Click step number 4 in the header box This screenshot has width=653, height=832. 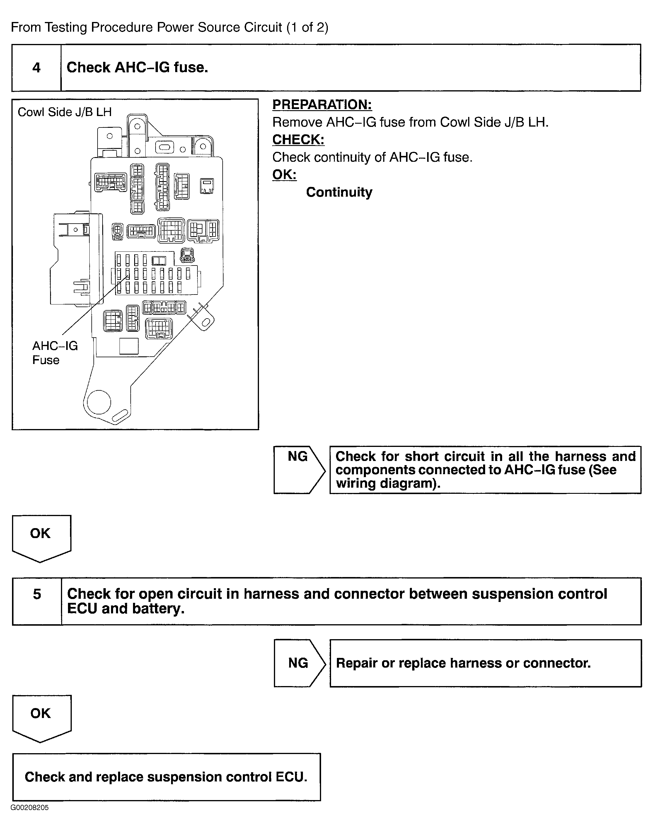click(x=36, y=68)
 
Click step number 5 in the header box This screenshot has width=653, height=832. click(x=37, y=594)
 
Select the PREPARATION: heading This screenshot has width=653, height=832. click(x=322, y=104)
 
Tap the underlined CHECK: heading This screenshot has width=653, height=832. click(x=298, y=139)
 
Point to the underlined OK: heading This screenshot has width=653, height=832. click(x=284, y=174)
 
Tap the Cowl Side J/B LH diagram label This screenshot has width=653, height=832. click(x=65, y=112)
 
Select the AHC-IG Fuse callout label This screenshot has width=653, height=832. click(x=55, y=353)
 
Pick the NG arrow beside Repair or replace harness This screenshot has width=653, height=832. click(x=299, y=663)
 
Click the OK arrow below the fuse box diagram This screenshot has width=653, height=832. click(x=41, y=537)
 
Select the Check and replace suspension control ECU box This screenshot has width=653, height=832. click(x=166, y=777)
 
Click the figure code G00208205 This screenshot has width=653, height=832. click(x=30, y=808)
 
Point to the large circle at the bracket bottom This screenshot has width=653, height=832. click(x=99, y=402)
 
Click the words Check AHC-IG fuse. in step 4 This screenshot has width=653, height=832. click(x=137, y=68)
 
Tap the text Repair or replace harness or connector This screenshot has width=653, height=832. click(x=463, y=663)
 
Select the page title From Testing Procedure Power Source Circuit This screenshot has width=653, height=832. click(x=169, y=27)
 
